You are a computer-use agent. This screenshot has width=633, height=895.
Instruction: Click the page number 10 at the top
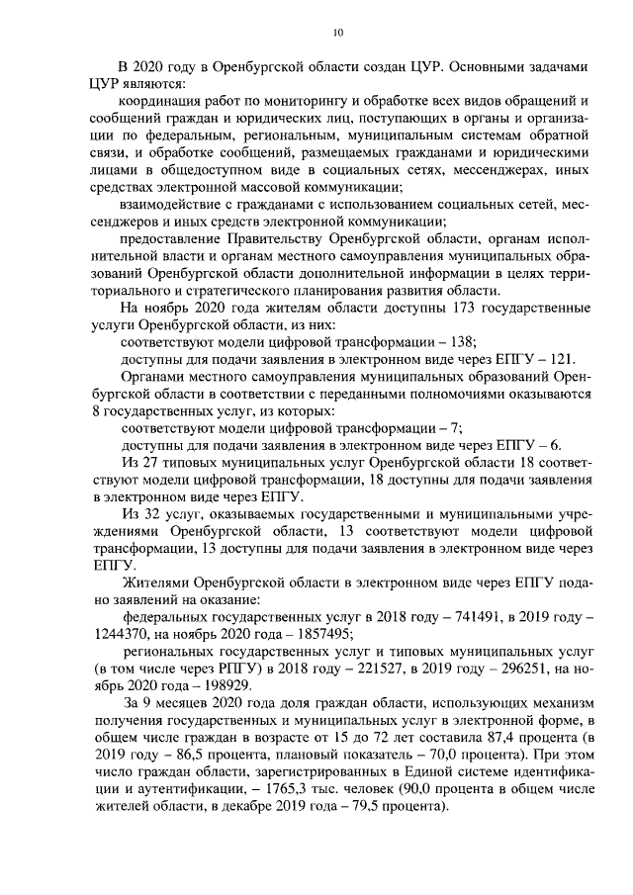(338, 33)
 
